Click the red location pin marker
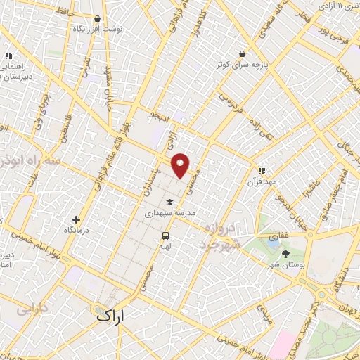point(181,165)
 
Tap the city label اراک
point(109,317)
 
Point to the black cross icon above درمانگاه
point(86,219)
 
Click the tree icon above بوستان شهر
point(285,254)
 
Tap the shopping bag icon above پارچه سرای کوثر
point(242,53)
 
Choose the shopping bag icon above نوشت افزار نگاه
point(97,19)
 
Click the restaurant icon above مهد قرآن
point(262,170)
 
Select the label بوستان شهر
point(285,265)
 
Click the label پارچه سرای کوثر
point(242,64)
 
